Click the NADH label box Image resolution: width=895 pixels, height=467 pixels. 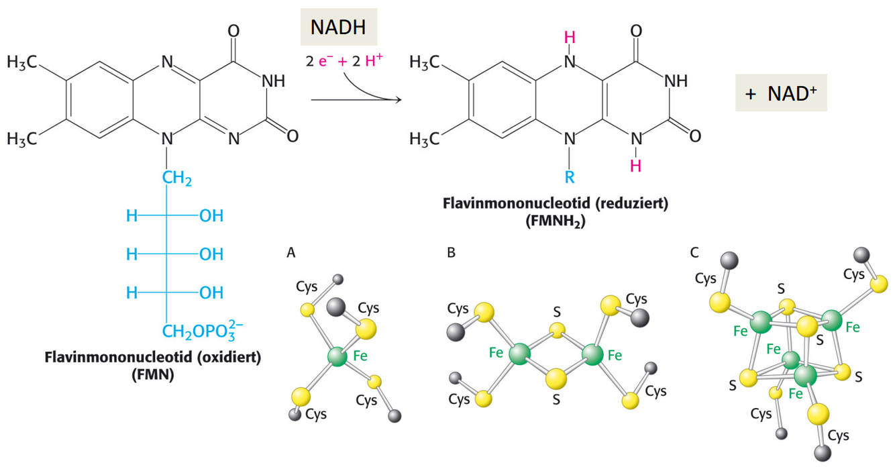pyautogui.click(x=339, y=28)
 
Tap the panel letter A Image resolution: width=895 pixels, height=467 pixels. pyautogui.click(x=291, y=253)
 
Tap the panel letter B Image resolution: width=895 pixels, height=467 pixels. pyautogui.click(x=451, y=253)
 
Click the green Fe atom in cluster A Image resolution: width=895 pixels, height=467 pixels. pyautogui.click(x=337, y=357)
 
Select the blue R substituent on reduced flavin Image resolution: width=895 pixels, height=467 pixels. pyautogui.click(x=570, y=178)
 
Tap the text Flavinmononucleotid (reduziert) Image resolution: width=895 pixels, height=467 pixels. pyautogui.click(x=556, y=203)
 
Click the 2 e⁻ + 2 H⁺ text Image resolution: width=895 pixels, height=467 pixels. pyautogui.click(x=345, y=60)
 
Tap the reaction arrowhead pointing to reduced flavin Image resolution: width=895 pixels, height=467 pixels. pyautogui.click(x=397, y=101)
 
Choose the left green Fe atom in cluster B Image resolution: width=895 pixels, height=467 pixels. pyautogui.click(x=519, y=353)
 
